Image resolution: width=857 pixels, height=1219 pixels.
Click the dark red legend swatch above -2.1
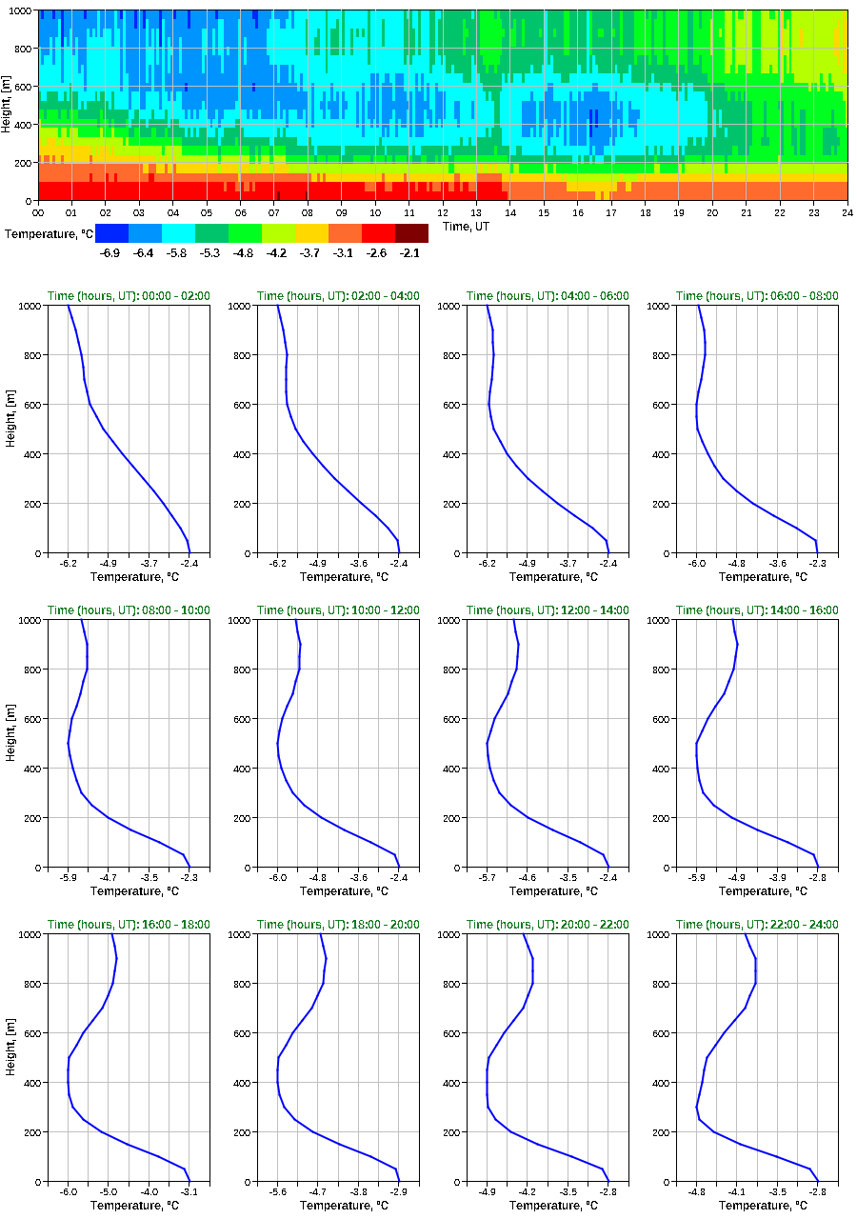(411, 233)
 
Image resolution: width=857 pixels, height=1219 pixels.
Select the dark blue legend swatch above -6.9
(111, 233)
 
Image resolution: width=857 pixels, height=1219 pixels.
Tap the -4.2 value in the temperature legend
(277, 252)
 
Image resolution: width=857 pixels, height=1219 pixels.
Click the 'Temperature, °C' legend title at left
(48, 233)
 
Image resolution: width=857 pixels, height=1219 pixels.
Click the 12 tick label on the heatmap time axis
(443, 212)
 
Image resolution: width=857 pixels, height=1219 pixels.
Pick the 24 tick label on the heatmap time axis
(847, 212)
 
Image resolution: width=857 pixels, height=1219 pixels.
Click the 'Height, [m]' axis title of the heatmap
(8, 105)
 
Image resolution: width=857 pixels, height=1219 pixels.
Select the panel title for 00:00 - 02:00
(129, 296)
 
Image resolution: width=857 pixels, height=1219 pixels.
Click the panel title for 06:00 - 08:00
(757, 296)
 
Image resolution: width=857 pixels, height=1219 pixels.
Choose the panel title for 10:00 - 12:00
(338, 610)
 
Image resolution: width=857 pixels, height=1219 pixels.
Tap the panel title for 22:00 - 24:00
(757, 925)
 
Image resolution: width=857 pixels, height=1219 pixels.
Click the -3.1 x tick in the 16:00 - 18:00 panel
(189, 1191)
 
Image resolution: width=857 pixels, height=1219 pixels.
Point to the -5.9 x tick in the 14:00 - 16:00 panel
(697, 877)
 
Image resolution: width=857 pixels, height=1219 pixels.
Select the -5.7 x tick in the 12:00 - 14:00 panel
(488, 877)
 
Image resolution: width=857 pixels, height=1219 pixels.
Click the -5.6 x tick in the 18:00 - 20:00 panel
(278, 1191)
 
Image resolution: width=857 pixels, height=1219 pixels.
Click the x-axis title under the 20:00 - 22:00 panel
(547, 1206)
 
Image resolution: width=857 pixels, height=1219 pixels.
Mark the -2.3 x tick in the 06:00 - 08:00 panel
(817, 563)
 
